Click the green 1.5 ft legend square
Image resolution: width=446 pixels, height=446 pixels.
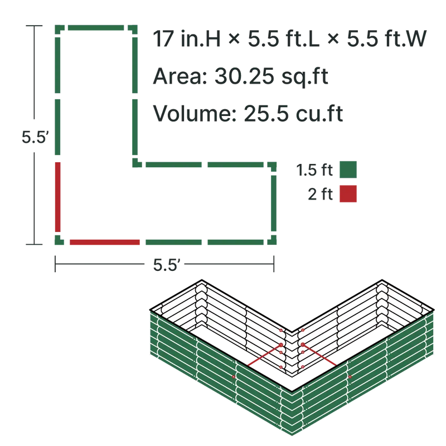click(348, 169)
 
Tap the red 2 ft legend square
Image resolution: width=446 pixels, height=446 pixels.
click(348, 194)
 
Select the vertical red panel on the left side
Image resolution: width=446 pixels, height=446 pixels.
click(58, 197)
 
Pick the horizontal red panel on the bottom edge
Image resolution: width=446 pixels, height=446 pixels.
click(105, 242)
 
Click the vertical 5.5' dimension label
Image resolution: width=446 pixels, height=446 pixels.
click(33, 137)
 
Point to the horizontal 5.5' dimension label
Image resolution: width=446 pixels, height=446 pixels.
click(166, 264)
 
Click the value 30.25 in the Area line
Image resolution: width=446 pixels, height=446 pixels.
click(244, 76)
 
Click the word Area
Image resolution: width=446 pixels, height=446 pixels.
click(180, 76)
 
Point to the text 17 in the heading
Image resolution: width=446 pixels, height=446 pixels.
click(163, 38)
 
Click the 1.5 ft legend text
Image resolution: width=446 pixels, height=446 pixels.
click(314, 170)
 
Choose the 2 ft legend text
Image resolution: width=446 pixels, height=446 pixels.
click(320, 194)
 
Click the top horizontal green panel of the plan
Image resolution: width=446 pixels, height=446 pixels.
click(96, 27)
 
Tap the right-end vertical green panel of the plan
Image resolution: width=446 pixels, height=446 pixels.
click(274, 203)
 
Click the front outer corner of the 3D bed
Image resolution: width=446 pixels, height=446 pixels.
click(292, 392)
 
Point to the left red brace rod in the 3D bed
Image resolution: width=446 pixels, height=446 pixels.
click(264, 355)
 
